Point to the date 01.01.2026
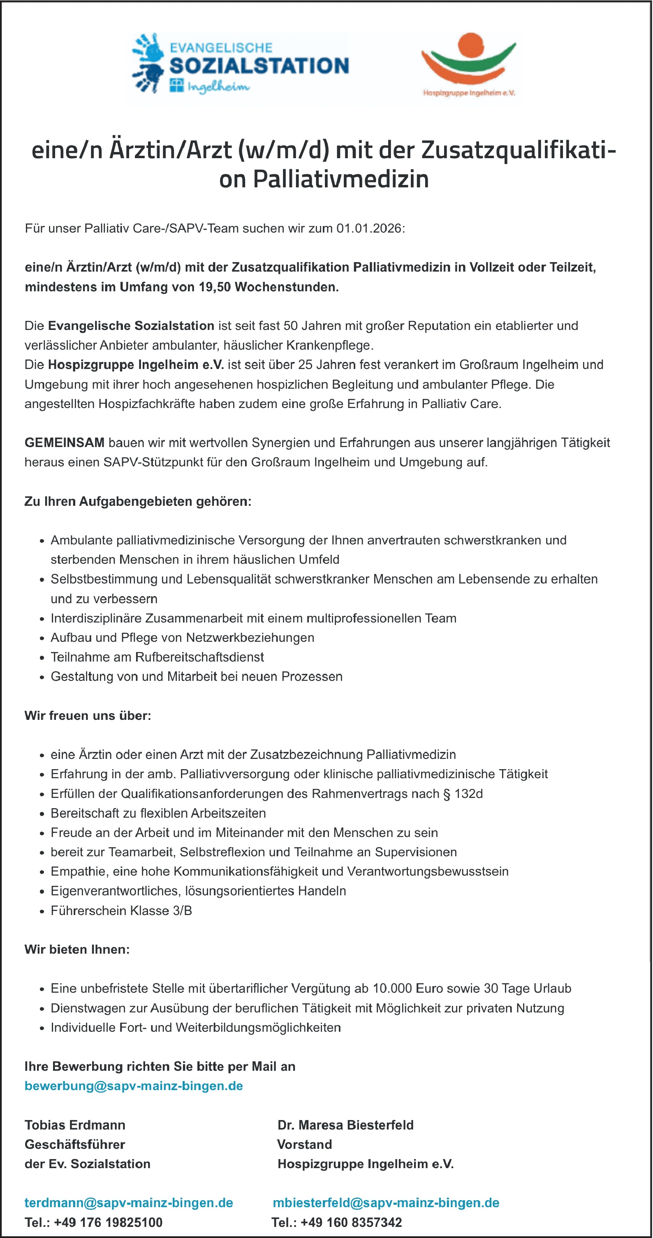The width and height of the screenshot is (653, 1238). pos(369,228)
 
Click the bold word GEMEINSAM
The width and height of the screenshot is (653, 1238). pos(65,443)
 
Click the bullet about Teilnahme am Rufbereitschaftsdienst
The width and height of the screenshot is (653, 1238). pos(157,657)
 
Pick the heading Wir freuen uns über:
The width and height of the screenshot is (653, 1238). pos(88,716)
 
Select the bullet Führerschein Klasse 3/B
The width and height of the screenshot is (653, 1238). pos(121,910)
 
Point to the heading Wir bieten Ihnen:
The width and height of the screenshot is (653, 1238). pos(77,949)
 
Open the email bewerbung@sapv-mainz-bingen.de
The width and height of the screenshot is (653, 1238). pos(134,1086)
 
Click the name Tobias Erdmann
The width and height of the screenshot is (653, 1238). pos(75,1125)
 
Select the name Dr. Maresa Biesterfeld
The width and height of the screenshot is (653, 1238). pos(345,1125)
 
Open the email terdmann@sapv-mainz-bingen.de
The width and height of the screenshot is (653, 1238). pos(129,1202)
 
